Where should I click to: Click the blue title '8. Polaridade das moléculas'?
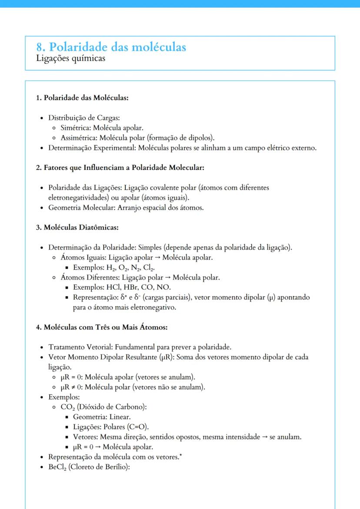click(111, 47)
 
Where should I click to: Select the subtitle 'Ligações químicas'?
click(70, 58)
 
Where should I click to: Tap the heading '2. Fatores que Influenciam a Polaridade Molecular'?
click(120, 167)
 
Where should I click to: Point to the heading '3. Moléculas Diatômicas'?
click(77, 227)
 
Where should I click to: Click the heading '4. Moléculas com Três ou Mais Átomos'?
click(102, 327)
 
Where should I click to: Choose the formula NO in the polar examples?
click(165, 287)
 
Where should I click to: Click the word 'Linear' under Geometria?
click(118, 417)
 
